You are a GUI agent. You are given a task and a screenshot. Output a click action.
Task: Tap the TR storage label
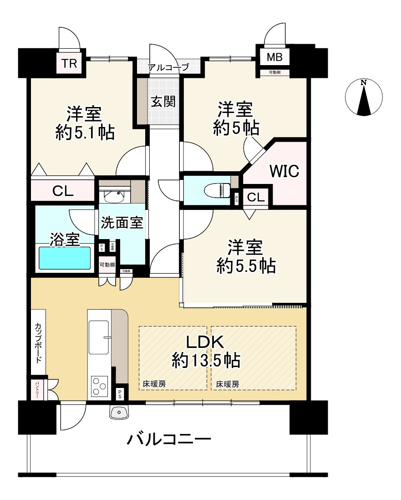coord(69,63)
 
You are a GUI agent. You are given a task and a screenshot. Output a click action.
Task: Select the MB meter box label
coord(274,58)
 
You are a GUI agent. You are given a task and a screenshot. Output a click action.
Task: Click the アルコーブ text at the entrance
coord(168,68)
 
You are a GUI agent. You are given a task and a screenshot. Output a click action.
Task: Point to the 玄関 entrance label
coord(163,101)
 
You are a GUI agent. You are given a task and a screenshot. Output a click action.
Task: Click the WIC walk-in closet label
coord(284,172)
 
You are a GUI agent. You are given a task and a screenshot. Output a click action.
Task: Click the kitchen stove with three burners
coord(100,386)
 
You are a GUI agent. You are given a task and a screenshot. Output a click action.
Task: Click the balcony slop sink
coord(120,412)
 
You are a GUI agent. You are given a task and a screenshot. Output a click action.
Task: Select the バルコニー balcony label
coord(169,440)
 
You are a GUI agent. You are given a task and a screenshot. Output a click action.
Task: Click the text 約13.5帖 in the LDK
coord(206,361)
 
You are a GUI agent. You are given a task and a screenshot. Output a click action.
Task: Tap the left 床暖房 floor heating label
coord(154,384)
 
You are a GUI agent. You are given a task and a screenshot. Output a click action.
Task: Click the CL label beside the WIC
coord(256,197)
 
